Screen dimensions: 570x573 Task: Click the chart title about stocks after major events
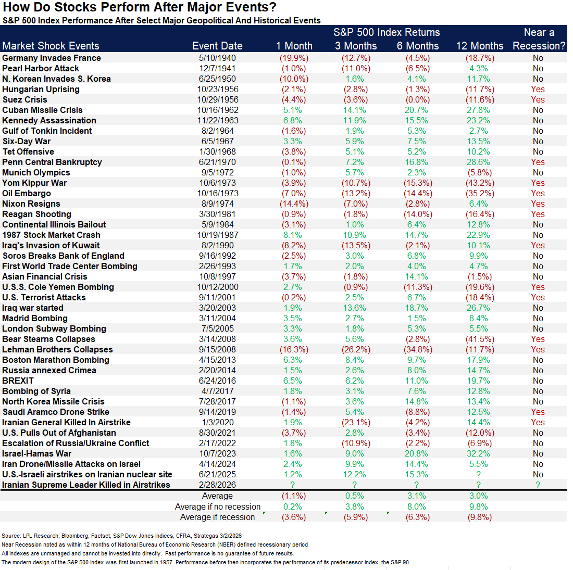140,7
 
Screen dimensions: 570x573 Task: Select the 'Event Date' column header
217,46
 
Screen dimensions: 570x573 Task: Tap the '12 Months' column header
480,46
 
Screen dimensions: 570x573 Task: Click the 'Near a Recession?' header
539,40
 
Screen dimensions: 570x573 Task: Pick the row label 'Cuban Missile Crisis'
42,110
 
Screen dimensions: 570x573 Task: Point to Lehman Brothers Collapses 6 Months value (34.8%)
418,349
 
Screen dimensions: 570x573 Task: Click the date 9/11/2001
217,297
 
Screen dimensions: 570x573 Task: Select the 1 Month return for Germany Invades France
294,58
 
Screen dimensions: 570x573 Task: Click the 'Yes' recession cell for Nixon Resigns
538,204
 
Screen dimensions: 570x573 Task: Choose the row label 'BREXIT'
18,381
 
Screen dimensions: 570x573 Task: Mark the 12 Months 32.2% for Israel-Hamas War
479,453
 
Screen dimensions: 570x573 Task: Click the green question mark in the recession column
538,485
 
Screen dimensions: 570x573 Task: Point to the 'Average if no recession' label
218,506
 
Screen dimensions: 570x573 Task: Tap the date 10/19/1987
217,235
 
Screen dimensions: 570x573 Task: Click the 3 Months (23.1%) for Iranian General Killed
356,422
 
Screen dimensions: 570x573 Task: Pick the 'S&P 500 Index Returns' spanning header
387,32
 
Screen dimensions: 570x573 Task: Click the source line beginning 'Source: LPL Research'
121,536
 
